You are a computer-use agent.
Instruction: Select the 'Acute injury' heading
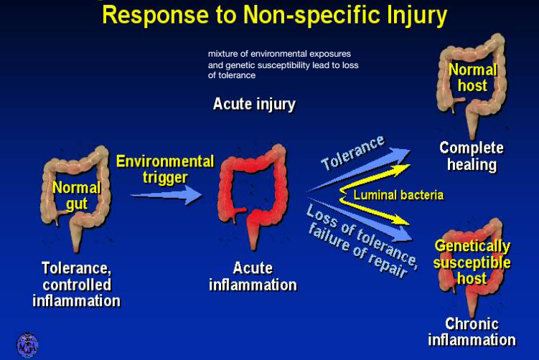(x=254, y=104)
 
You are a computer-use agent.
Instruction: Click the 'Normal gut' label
(x=76, y=196)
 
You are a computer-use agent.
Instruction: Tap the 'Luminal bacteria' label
(x=397, y=194)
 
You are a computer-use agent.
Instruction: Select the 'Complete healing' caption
(x=472, y=156)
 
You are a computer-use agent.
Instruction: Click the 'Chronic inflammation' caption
(x=471, y=331)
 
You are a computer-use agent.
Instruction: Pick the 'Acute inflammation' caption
(x=253, y=276)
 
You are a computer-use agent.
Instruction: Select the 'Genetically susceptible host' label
(x=472, y=262)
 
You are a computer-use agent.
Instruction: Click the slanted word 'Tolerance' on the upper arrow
(x=352, y=153)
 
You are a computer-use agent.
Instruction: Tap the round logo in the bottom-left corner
(x=27, y=345)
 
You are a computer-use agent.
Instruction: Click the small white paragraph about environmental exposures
(x=283, y=65)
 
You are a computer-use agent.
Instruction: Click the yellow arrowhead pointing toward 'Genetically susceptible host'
(x=403, y=220)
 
